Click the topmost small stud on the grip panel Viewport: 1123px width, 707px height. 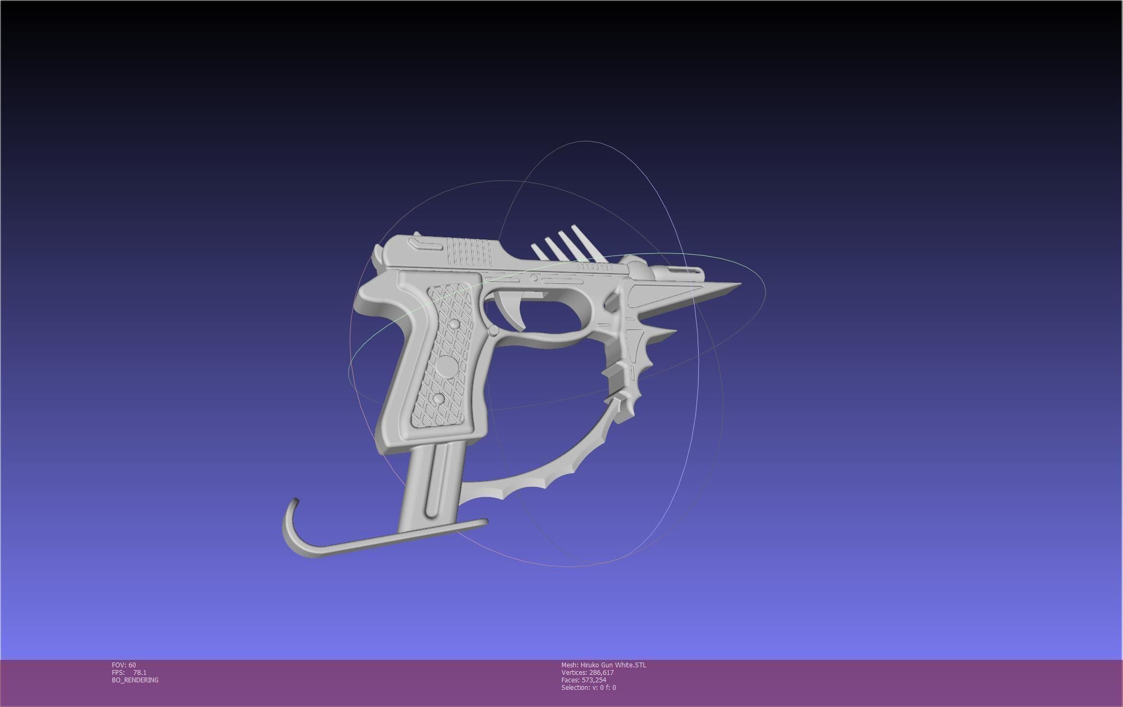tap(454, 324)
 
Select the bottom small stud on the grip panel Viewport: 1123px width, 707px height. tap(438, 399)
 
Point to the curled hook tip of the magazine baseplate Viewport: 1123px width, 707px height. tap(294, 503)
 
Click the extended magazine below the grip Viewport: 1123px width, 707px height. tap(431, 482)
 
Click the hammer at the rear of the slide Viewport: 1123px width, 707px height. tap(378, 256)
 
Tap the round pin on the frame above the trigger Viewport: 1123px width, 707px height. tap(534, 277)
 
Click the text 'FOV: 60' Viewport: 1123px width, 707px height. tap(124, 665)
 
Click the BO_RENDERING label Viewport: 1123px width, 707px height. tap(135, 680)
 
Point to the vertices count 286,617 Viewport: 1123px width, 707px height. tap(601, 673)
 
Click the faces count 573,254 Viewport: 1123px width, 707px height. tap(594, 680)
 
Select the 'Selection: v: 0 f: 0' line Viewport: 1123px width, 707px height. tap(588, 688)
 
